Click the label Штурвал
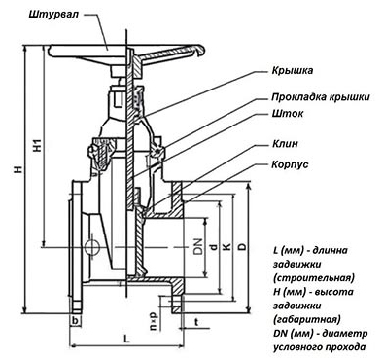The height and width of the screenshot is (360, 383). point(54,15)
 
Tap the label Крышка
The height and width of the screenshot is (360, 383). point(293,70)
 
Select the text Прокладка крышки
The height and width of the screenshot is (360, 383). point(321,96)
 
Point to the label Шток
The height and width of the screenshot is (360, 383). point(288,114)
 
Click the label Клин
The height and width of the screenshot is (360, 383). point(285,144)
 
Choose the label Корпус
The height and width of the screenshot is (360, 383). point(290,164)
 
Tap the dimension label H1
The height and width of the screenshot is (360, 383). point(38,146)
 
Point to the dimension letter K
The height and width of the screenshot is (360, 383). point(227,246)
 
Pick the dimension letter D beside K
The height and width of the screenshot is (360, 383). point(242,246)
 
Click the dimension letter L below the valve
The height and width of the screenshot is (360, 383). point(126,339)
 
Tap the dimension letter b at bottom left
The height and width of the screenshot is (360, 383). point(75,321)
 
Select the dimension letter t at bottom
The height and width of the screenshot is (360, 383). point(196,322)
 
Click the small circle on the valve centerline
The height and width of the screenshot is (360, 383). point(91,247)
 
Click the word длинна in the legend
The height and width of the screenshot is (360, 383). point(331,250)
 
